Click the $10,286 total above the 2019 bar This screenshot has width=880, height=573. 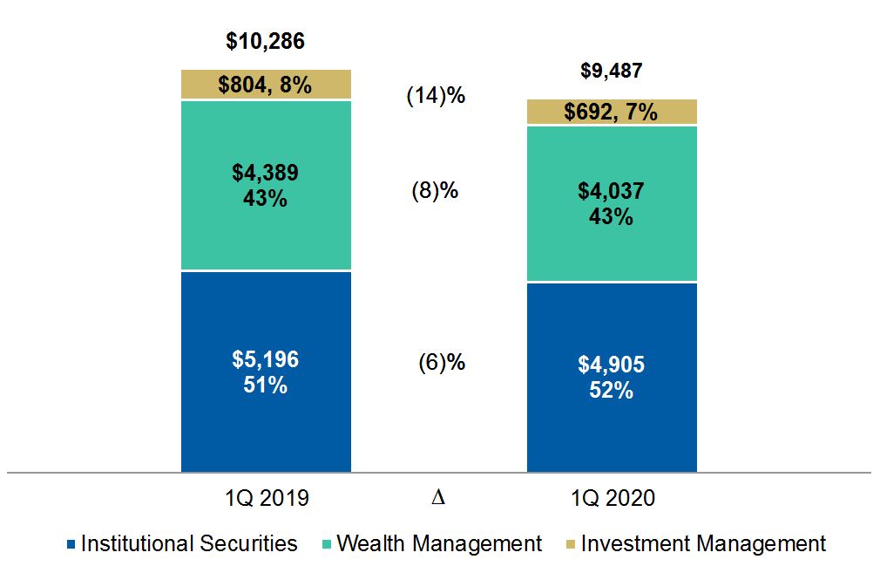tap(265, 41)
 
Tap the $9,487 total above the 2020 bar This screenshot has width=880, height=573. tap(612, 71)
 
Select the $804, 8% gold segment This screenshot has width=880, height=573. tap(266, 85)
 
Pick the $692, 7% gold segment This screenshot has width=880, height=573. tap(612, 113)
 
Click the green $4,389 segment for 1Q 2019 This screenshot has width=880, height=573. tap(266, 185)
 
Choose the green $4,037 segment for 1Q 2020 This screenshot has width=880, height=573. tap(612, 204)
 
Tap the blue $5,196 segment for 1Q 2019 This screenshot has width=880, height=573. tap(266, 372)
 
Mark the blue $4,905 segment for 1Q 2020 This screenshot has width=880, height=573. tap(612, 378)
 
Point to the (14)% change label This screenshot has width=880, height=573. tap(437, 96)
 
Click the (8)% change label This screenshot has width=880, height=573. tap(435, 191)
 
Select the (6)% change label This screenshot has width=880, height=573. tap(442, 362)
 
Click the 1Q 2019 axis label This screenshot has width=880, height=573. tap(266, 498)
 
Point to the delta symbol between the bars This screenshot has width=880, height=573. tap(438, 498)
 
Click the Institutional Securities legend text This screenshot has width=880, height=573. tap(189, 544)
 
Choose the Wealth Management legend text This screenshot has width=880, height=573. tap(439, 544)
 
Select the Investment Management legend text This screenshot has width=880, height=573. tap(703, 544)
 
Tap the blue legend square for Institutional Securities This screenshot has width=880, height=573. tap(71, 545)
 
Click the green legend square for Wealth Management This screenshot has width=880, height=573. tap(326, 545)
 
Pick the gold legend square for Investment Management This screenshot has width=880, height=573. tap(570, 545)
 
